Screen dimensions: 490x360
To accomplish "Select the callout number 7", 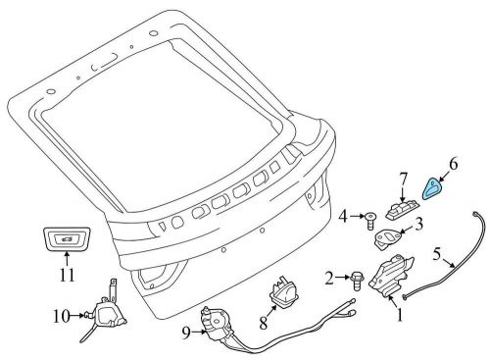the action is coord(403,180).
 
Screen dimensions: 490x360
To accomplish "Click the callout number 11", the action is coord(68,275).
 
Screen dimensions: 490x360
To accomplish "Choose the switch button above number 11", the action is coord(68,238).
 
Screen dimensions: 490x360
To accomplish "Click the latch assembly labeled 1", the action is coord(391,276).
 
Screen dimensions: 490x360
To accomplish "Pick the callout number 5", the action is coord(437,254).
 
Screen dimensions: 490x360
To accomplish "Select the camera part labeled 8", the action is coord(281,291).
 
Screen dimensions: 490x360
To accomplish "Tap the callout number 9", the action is coord(186,333).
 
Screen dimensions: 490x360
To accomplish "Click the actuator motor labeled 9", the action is coord(217,322).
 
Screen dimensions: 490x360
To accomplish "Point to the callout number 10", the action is coord(62,316).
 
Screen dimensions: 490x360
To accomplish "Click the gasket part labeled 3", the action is coord(387,238).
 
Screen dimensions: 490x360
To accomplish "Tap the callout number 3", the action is coord(418,224).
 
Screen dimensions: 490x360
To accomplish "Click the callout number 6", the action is coord(453,164).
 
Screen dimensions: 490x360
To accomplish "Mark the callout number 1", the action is coord(400,315).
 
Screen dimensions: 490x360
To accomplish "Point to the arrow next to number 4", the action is coord(357,216).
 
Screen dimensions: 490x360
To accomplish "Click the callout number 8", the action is coord(264,323).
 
